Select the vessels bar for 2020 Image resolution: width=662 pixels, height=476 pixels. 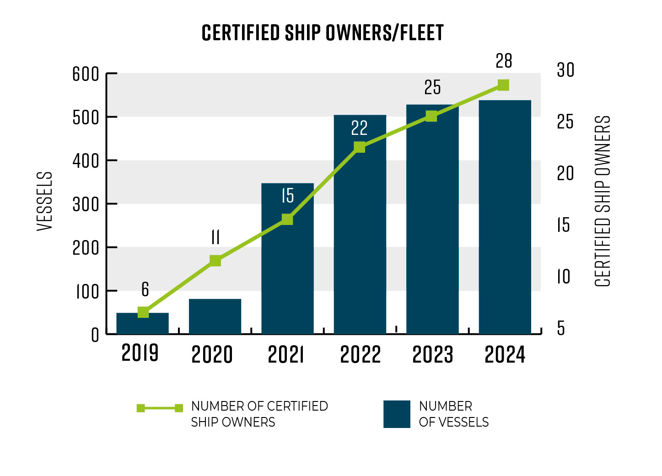(215, 316)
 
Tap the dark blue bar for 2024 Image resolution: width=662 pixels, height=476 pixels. (505, 217)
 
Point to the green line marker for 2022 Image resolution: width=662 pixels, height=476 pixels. (360, 147)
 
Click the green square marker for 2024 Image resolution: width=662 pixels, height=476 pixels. (503, 85)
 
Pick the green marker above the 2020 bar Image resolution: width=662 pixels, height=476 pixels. (215, 261)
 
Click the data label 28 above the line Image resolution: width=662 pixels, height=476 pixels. (504, 61)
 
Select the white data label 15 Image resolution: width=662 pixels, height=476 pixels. (287, 196)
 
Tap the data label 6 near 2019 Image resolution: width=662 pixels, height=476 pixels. (145, 289)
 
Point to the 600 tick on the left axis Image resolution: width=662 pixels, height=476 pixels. (86, 74)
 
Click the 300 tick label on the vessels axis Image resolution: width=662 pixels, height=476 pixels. (86, 204)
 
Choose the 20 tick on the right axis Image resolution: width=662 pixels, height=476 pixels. (565, 174)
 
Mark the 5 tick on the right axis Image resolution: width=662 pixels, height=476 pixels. (561, 328)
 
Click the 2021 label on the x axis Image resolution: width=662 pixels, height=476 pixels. (286, 355)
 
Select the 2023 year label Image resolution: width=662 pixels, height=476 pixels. (432, 355)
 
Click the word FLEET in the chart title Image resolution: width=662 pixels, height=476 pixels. (422, 33)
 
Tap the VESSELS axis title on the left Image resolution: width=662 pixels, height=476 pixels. (45, 201)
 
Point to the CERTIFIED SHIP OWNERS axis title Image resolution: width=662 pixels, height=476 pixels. (603, 201)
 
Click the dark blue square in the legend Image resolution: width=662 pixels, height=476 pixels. (397, 414)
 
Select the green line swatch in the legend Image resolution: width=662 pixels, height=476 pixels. (160, 408)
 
